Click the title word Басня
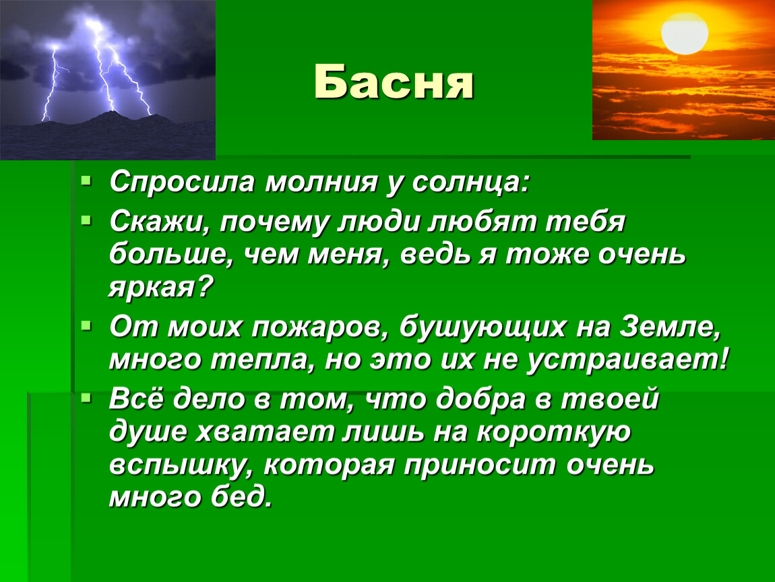(x=394, y=82)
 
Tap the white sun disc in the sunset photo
(x=685, y=32)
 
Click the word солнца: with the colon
(x=470, y=183)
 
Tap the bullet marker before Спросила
(x=86, y=181)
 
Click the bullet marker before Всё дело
(x=86, y=397)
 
